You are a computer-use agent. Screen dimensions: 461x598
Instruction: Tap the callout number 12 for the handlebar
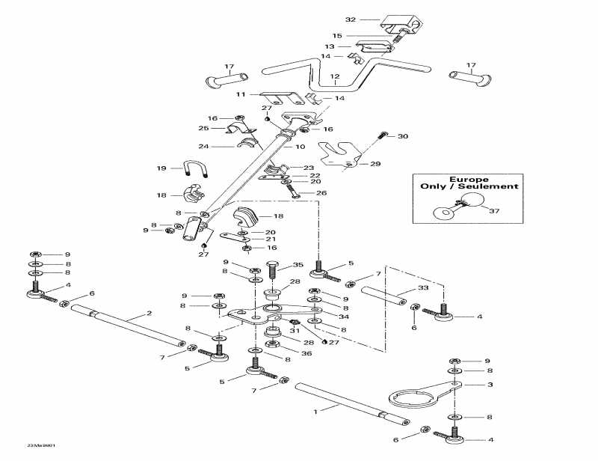click(334, 76)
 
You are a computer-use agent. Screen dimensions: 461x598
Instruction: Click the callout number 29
click(375, 163)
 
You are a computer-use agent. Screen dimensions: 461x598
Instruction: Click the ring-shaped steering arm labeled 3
click(410, 396)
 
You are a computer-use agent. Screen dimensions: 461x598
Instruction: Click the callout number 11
click(240, 95)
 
